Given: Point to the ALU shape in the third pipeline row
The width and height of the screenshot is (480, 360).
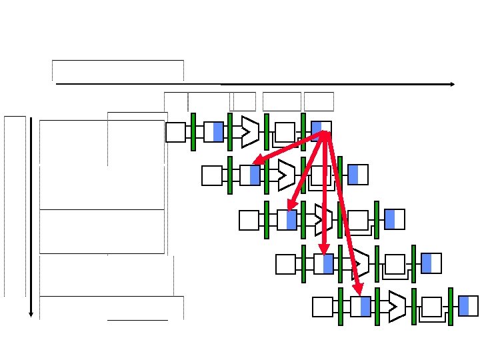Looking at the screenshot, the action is [323, 219].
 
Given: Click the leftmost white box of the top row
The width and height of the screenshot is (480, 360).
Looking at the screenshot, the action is [175, 132].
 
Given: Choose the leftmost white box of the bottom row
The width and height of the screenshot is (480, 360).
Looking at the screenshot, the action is [323, 307].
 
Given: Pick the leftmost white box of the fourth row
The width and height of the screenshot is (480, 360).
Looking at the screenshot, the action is [285, 264].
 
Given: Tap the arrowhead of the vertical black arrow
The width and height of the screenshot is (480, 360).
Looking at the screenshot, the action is [31, 313].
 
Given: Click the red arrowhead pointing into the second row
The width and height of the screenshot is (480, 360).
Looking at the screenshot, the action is [256, 162].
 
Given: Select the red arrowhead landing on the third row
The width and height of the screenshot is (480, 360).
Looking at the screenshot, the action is [289, 207].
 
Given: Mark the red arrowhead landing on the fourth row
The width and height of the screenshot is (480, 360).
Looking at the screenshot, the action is [324, 250].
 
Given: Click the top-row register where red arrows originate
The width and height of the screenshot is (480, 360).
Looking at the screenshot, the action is [321, 131].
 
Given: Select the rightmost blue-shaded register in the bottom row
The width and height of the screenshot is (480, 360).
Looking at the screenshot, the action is [469, 305].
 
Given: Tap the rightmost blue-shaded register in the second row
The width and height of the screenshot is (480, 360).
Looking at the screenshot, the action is [358, 175].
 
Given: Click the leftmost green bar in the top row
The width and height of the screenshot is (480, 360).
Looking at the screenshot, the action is [193, 131].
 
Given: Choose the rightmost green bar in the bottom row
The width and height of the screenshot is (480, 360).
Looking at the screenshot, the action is [451, 306].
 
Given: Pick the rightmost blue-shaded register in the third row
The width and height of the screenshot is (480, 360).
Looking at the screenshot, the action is [395, 219].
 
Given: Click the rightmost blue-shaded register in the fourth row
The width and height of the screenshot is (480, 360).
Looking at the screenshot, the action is [431, 263].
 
